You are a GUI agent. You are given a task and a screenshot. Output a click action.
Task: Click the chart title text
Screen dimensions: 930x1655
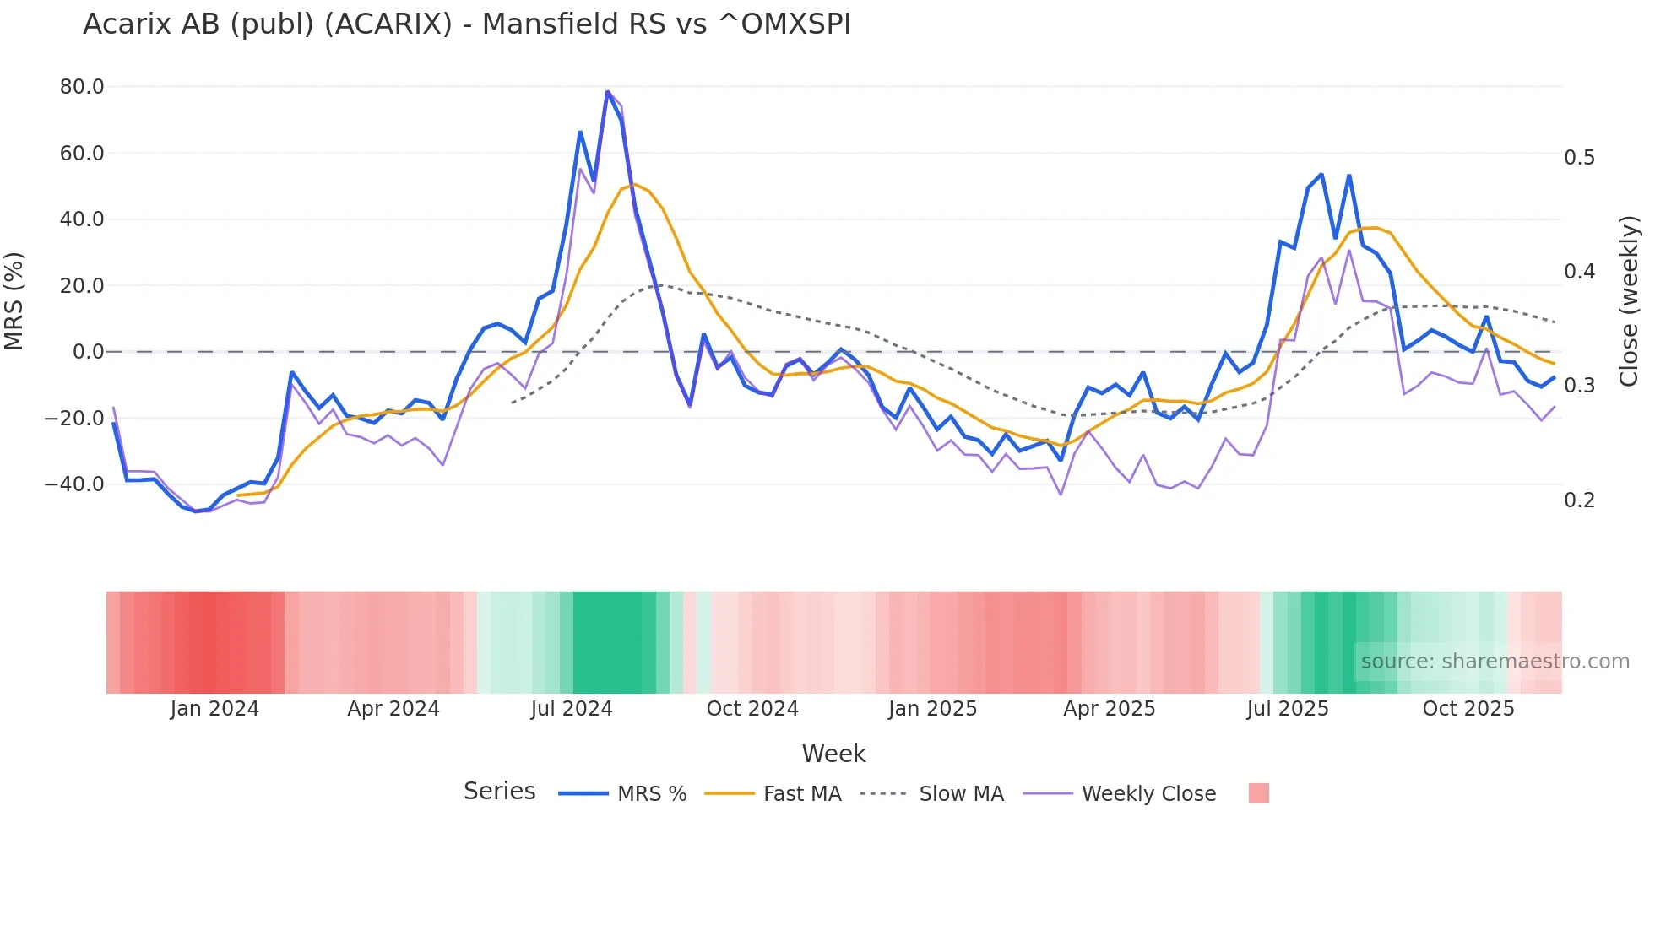(x=466, y=24)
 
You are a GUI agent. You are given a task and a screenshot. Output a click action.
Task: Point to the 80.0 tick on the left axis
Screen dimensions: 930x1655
(x=82, y=87)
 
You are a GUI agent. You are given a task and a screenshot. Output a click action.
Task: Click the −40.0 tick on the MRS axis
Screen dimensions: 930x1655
(x=74, y=484)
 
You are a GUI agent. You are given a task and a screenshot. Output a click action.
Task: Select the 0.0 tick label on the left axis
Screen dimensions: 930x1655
(x=88, y=352)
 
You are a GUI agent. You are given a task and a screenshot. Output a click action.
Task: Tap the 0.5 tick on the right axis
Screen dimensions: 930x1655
(x=1579, y=158)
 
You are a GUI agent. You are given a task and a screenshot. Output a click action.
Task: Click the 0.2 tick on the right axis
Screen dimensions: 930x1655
(x=1579, y=500)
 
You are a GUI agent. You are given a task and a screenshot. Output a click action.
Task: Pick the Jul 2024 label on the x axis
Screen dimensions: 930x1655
(x=572, y=709)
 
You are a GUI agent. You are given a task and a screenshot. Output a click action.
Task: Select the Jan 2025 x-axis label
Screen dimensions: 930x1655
(x=932, y=709)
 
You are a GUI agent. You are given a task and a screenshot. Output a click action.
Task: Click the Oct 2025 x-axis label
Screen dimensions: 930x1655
(x=1468, y=709)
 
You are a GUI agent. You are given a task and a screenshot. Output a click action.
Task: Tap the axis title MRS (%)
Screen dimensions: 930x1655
(x=14, y=301)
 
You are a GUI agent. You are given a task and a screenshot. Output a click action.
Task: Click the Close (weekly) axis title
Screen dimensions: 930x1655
(x=1629, y=301)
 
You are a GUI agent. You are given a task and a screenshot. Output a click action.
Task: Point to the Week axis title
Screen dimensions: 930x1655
(x=833, y=754)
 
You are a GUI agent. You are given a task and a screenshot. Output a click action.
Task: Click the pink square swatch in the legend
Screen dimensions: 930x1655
(x=1258, y=793)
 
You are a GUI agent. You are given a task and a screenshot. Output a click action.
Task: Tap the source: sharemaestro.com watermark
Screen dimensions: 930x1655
(x=1495, y=662)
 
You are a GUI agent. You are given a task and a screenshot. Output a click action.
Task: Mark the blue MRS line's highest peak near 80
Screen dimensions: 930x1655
(x=607, y=91)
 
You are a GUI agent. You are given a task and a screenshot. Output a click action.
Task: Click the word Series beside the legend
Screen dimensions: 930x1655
(x=499, y=792)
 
